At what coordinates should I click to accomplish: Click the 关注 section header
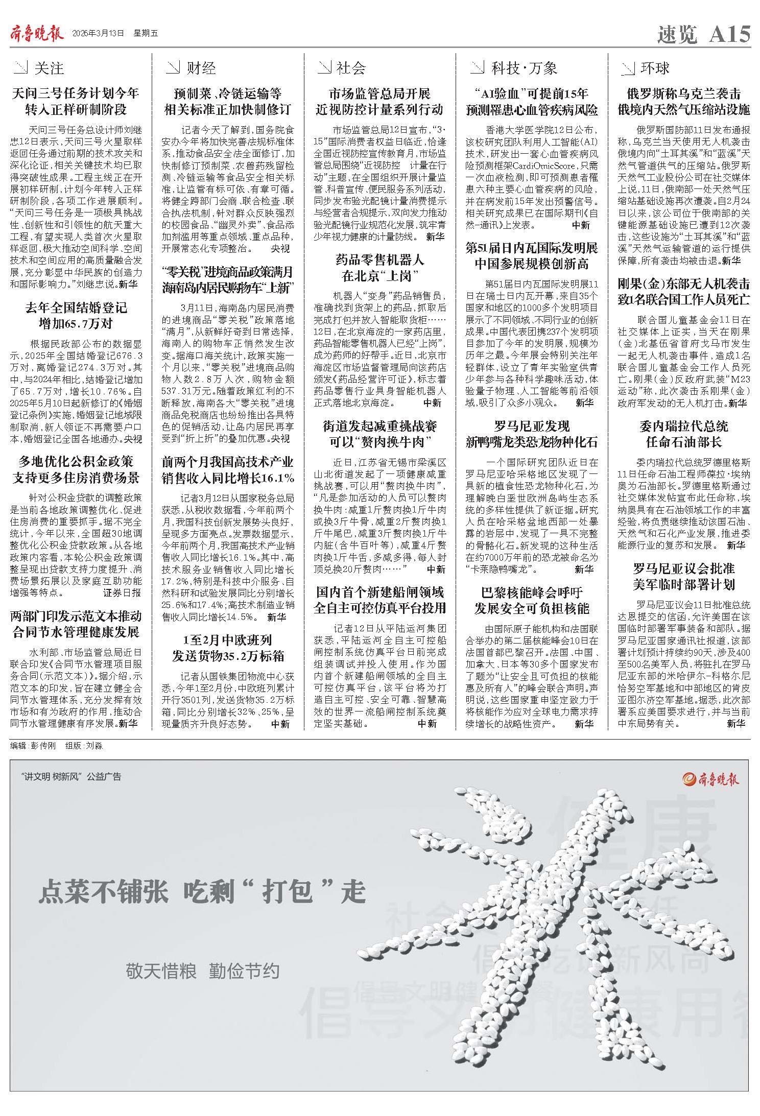click(x=49, y=68)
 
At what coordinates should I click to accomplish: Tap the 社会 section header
click(x=351, y=68)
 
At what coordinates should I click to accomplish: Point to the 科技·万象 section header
click(x=524, y=68)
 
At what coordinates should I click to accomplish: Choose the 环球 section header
click(x=654, y=68)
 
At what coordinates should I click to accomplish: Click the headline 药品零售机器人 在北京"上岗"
click(x=380, y=268)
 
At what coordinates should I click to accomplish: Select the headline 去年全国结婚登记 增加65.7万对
click(x=76, y=316)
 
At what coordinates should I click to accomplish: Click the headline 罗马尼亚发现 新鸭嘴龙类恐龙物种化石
click(x=532, y=434)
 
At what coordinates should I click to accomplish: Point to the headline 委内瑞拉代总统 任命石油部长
click(x=683, y=434)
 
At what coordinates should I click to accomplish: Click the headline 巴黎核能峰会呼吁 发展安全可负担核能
click(x=532, y=601)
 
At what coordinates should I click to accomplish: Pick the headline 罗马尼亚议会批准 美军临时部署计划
click(x=683, y=576)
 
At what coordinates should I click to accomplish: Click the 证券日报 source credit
click(x=122, y=593)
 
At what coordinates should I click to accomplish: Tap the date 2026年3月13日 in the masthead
click(x=99, y=34)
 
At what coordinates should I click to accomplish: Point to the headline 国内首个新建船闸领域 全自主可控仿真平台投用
click(x=380, y=600)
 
